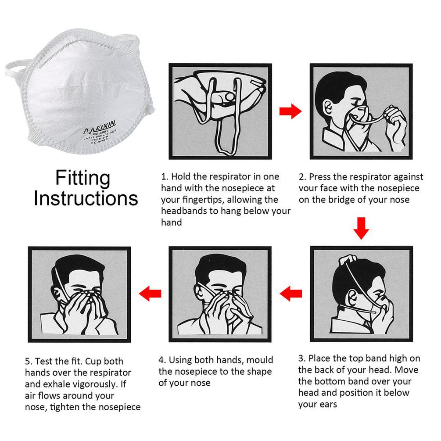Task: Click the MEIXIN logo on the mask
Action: (100, 127)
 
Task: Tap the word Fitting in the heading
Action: (82, 178)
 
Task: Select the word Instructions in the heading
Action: (86, 198)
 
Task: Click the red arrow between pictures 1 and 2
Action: (290, 111)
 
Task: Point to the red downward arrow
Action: (361, 228)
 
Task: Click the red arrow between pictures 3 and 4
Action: (291, 294)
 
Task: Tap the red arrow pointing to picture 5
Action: (150, 294)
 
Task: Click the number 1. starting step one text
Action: (165, 177)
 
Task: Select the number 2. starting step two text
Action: (302, 177)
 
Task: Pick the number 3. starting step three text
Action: (302, 359)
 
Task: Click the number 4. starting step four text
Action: (162, 360)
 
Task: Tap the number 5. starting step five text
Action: (29, 362)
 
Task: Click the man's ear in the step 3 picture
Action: (352, 297)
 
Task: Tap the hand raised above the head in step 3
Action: (348, 259)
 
